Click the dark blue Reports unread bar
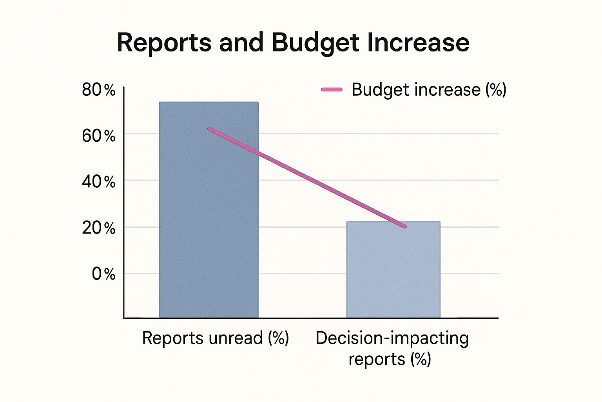(x=209, y=220)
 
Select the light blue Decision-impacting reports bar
(x=393, y=275)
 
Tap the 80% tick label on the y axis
(x=99, y=90)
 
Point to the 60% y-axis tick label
(x=99, y=136)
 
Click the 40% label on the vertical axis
(x=99, y=182)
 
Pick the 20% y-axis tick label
(x=99, y=228)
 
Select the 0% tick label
(x=103, y=274)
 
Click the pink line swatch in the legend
(x=332, y=90)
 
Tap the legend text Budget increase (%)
(x=429, y=90)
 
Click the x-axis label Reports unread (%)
(x=215, y=338)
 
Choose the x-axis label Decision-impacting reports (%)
(x=392, y=349)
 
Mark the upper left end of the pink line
(x=210, y=129)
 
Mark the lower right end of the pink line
(x=404, y=226)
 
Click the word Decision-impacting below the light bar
(x=392, y=338)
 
